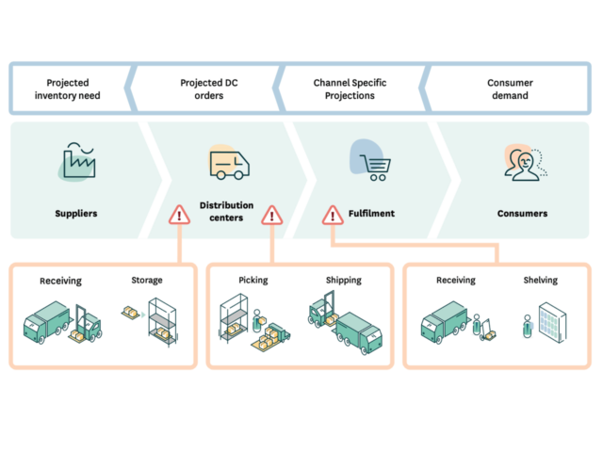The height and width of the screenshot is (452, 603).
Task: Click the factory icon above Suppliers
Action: (x=77, y=162)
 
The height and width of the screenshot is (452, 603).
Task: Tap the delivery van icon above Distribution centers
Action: (x=229, y=164)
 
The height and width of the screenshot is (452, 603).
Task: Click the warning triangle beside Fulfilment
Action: (x=333, y=216)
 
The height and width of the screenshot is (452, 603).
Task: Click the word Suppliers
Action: (x=75, y=214)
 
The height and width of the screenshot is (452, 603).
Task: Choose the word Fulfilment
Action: (x=371, y=214)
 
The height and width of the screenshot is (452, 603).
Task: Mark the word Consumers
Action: (x=522, y=214)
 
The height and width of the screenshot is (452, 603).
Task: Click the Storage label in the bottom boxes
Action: (x=147, y=280)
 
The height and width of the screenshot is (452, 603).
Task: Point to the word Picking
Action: (x=253, y=280)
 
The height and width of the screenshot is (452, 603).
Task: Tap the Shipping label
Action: (x=343, y=280)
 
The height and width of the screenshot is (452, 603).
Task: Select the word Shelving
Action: (x=540, y=280)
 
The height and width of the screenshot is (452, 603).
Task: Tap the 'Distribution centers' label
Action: (x=226, y=211)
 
